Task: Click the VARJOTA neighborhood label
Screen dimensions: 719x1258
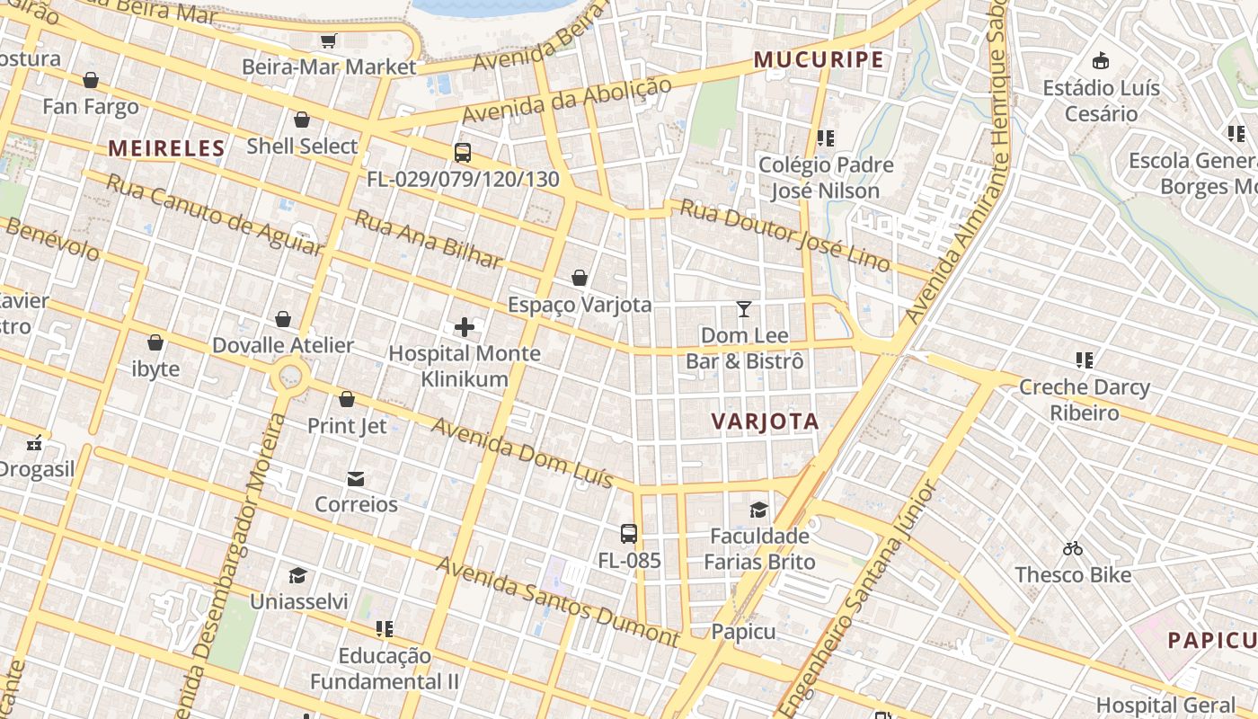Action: pos(765,422)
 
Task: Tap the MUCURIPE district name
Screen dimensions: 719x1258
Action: pos(819,60)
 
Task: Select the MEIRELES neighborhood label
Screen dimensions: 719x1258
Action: pos(166,149)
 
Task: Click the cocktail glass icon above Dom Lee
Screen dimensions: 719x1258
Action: pos(744,309)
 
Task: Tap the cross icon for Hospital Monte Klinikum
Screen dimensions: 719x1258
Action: pos(465,327)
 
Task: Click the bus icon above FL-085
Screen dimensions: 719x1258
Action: pos(629,534)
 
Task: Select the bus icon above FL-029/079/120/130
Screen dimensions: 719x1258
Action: pos(463,153)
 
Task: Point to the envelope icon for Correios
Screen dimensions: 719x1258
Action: pos(356,478)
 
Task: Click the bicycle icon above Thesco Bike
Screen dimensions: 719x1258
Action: pos(1073,548)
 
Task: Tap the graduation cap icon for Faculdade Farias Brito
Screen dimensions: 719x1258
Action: pos(759,510)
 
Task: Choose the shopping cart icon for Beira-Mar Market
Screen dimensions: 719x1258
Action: pos(329,40)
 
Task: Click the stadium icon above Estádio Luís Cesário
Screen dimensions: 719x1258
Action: pos(1101,61)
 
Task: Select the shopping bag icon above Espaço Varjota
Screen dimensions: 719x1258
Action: pos(580,278)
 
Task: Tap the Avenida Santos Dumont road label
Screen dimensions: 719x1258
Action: pos(557,601)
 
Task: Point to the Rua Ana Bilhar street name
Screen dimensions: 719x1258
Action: pos(428,239)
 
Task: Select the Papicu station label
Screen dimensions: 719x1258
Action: pos(743,632)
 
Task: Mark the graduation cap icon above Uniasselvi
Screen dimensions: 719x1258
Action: pos(297,575)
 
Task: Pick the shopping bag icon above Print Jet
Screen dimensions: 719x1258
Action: pos(347,399)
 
